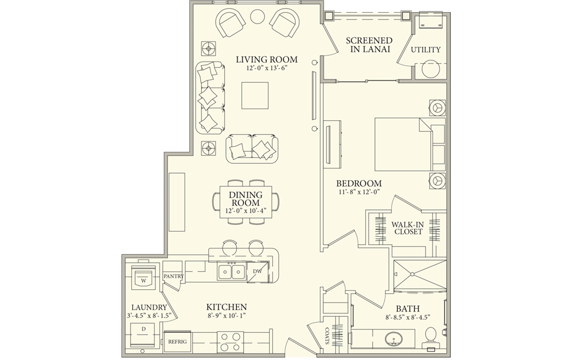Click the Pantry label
pyautogui.click(x=173, y=277)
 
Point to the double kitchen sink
pyautogui.click(x=231, y=271)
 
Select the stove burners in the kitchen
pyautogui.click(x=228, y=342)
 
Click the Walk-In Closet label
pyautogui.click(x=408, y=228)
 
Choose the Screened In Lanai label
pyautogui.click(x=369, y=45)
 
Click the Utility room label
pyautogui.click(x=426, y=50)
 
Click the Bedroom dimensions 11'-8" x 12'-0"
pyautogui.click(x=359, y=193)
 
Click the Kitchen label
pyautogui.click(x=227, y=307)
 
